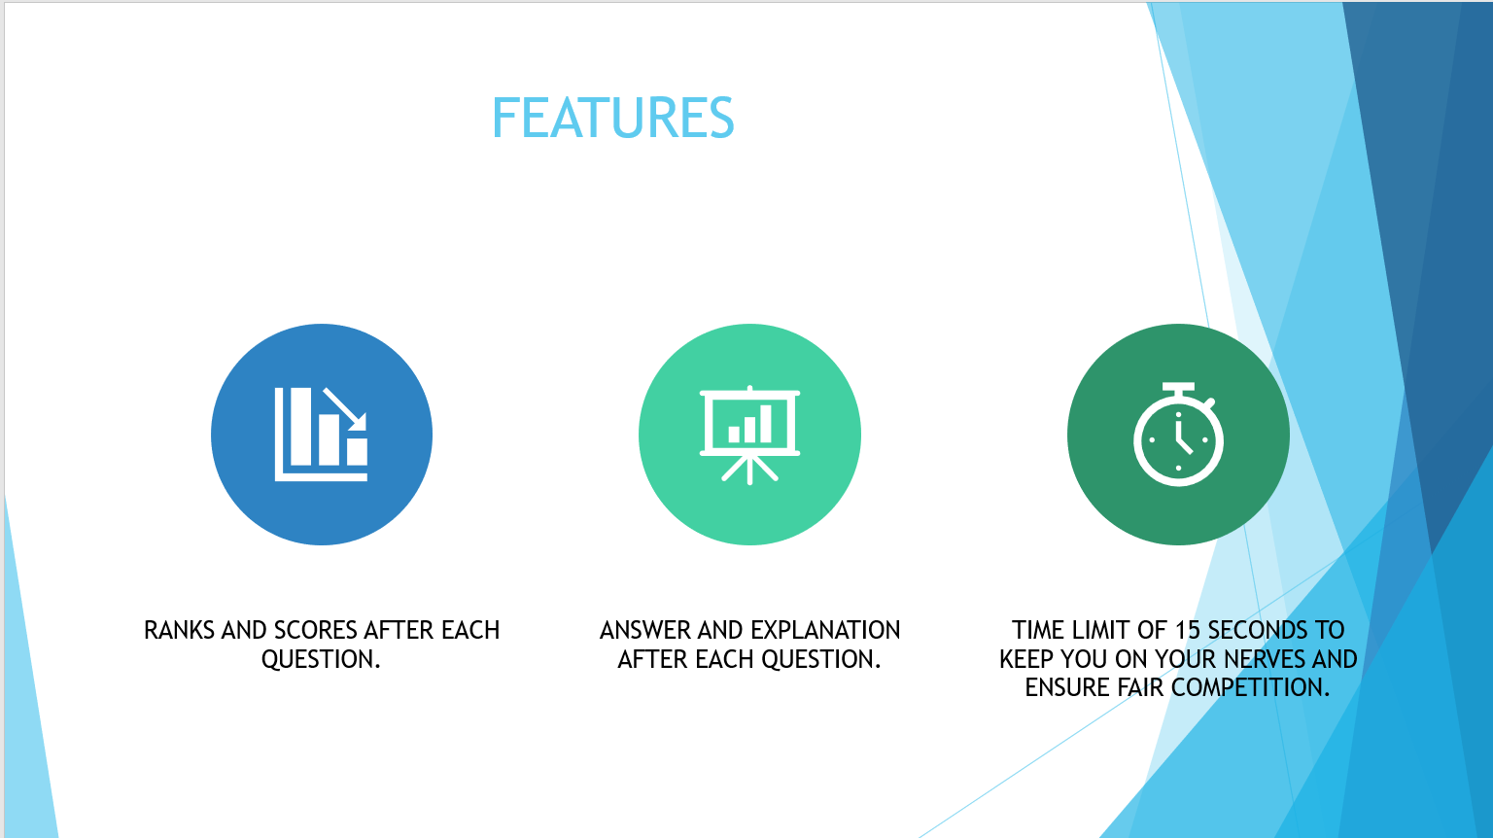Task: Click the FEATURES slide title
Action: coord(612,118)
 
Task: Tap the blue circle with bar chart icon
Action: coord(322,435)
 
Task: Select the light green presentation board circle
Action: coord(749,435)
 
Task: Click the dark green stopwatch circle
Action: coord(1178,435)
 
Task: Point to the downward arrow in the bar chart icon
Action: coord(345,409)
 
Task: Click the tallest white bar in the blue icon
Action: coord(300,427)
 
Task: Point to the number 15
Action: coord(1188,630)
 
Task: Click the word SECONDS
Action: coord(1258,630)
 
